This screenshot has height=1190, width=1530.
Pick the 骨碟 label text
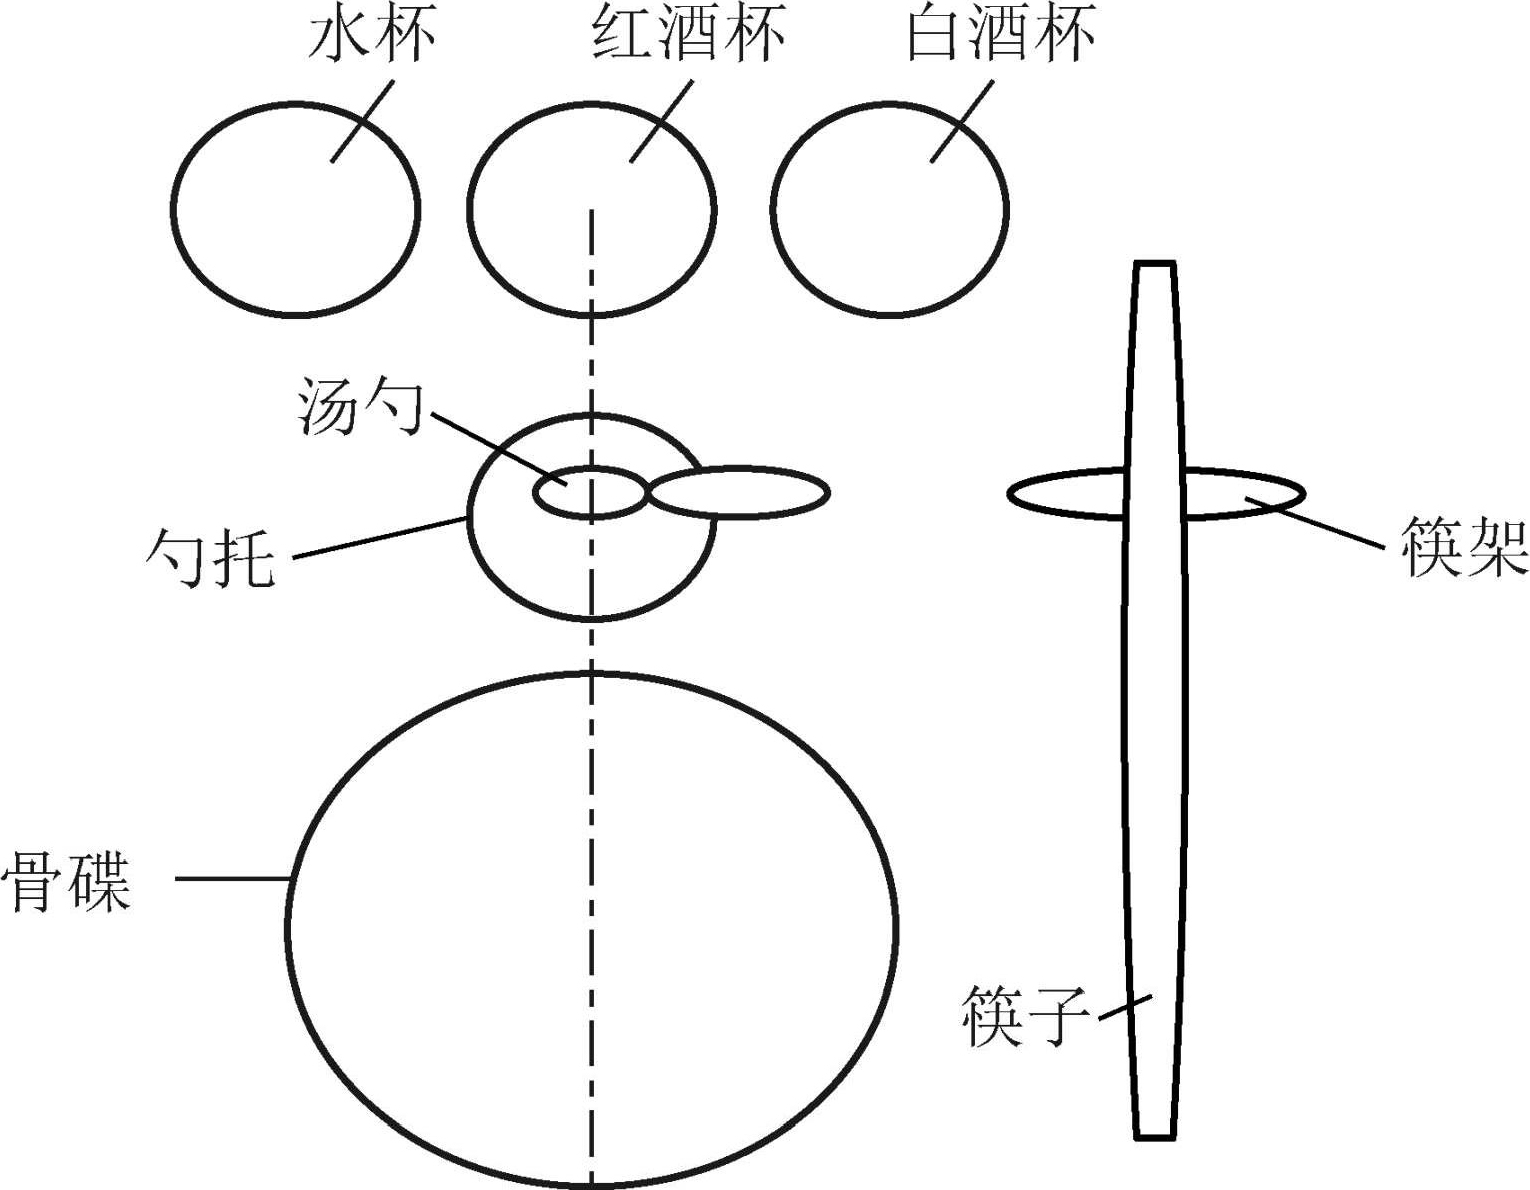[68, 881]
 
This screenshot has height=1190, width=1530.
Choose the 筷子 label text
[1025, 1015]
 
